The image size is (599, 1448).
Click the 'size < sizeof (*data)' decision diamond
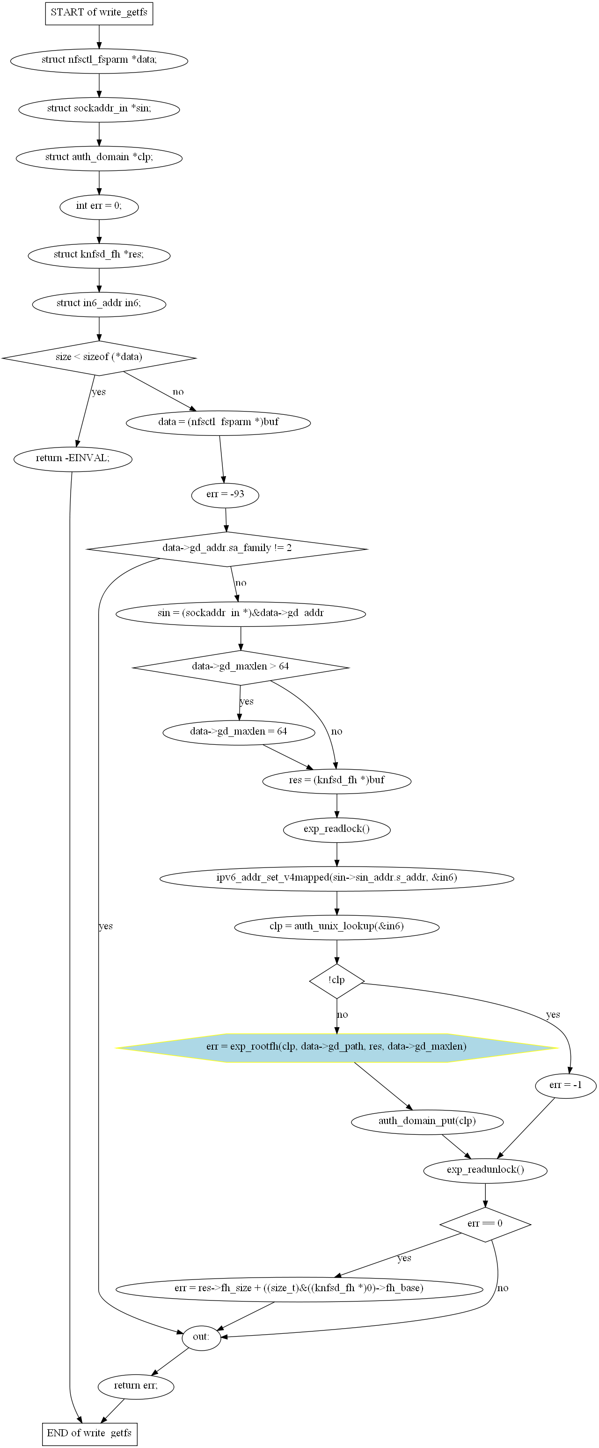[99, 358]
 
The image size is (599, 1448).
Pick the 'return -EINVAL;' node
[73, 459]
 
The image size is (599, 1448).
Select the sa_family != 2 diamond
[227, 549]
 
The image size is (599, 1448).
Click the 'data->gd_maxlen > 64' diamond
[241, 667]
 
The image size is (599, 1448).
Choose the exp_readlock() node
[336, 830]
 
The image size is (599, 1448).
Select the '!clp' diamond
[336, 981]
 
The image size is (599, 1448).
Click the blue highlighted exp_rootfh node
[336, 1048]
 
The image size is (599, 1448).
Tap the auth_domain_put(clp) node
[427, 1121]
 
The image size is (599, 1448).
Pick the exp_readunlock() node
[485, 1170]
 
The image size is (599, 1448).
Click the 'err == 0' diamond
[485, 1224]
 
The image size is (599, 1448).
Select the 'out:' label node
[201, 1337]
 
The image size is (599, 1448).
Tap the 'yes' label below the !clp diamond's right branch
[553, 1014]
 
